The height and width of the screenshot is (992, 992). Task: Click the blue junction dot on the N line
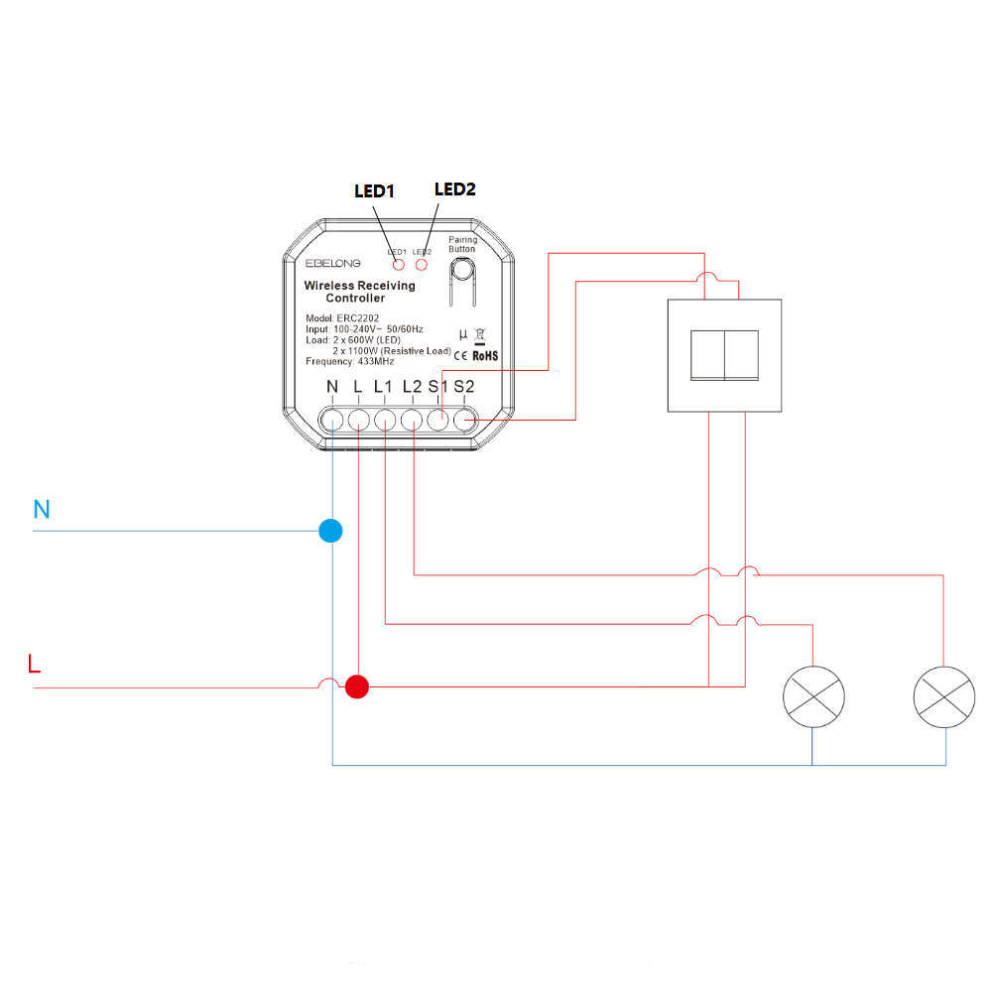(x=330, y=531)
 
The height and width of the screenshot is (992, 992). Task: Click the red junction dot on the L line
(x=356, y=685)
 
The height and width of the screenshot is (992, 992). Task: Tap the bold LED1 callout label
(x=375, y=191)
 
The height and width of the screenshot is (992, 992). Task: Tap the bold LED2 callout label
(x=455, y=188)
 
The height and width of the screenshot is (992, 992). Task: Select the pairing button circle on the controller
(x=462, y=269)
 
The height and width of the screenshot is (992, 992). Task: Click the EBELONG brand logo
(x=333, y=263)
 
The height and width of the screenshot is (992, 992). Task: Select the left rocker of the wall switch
(x=707, y=354)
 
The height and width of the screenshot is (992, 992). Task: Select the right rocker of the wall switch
(x=745, y=354)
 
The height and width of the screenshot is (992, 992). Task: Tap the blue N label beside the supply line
(x=42, y=510)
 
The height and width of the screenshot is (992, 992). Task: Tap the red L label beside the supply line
(x=36, y=664)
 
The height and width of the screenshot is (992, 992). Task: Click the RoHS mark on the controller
(x=485, y=354)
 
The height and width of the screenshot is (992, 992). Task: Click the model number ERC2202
(x=353, y=317)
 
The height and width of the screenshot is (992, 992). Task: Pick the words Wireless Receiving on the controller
(x=359, y=286)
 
